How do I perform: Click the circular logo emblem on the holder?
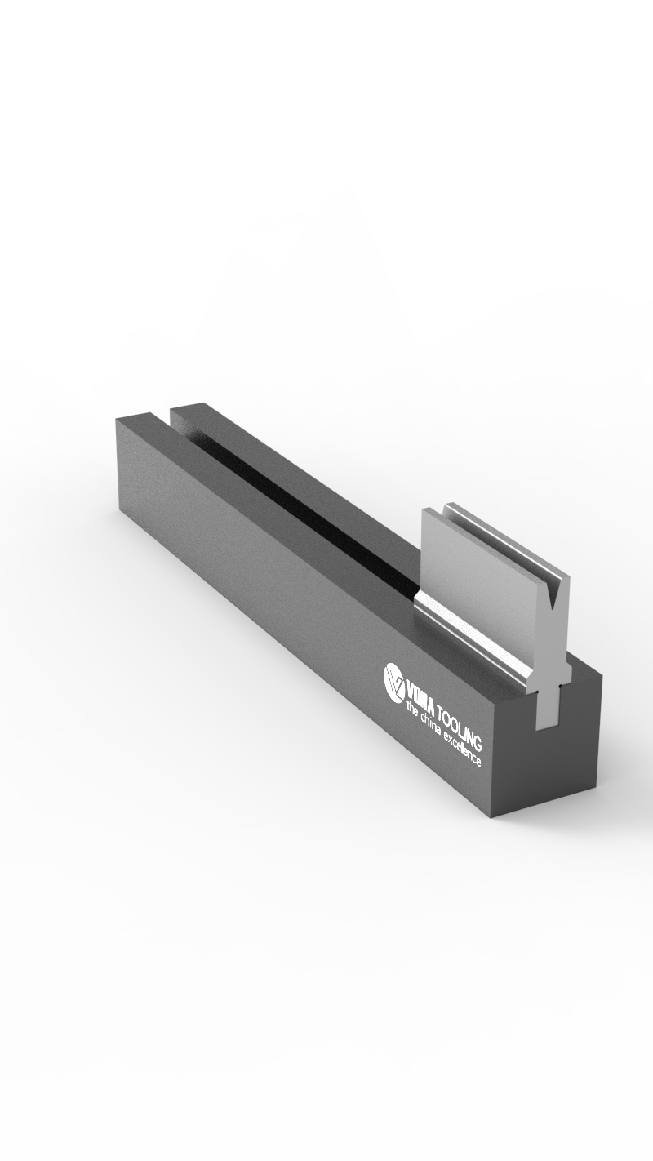pyautogui.click(x=395, y=680)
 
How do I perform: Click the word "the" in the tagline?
pyautogui.click(x=412, y=713)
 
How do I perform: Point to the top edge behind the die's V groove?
pyautogui.click(x=506, y=539)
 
